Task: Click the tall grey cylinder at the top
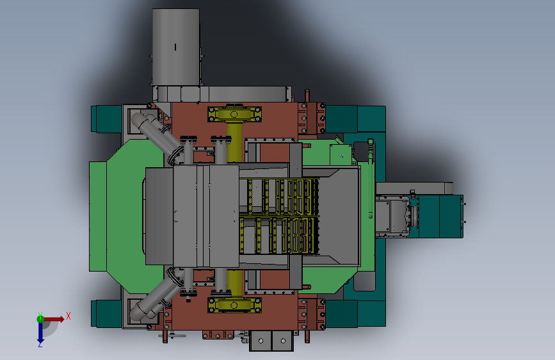[176, 47]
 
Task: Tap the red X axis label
[68, 316]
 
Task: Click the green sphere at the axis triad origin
[40, 319]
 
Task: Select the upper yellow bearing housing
[234, 114]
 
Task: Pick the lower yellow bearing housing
[234, 305]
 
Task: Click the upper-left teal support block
[106, 119]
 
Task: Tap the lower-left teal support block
[106, 314]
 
